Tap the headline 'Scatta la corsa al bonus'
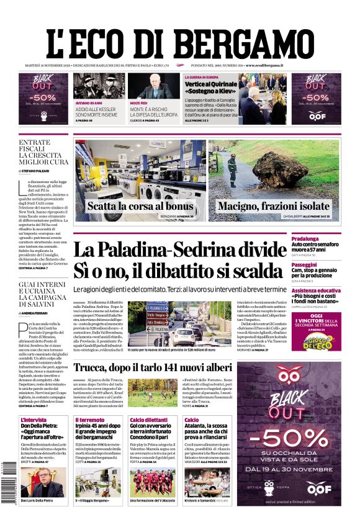click(x=140, y=205)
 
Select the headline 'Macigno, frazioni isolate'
click(x=273, y=205)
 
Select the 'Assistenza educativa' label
click(x=317, y=291)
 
